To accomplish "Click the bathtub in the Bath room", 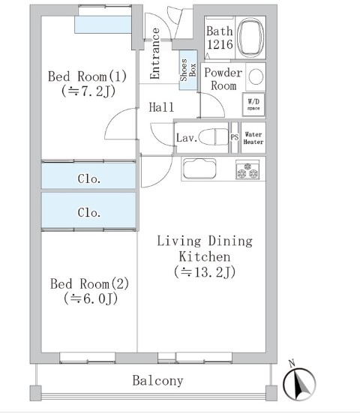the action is tap(250, 37).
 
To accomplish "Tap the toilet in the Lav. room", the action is tap(214, 136).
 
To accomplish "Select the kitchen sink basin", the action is tap(199, 169).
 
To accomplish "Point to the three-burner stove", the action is tap(247, 169).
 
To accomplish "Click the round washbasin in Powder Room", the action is tap(256, 76).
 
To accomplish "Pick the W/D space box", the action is tap(253, 104).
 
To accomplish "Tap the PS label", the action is tap(235, 137).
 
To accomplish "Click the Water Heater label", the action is tap(253, 138).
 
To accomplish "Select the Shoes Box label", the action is tap(187, 70).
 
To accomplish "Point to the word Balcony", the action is tap(157, 381).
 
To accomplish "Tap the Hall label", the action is tap(161, 107).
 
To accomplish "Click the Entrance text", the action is tap(154, 53).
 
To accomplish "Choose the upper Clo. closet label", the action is tap(89, 178).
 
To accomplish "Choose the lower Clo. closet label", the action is tap(89, 212).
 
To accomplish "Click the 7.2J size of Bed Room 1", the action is tap(88, 91).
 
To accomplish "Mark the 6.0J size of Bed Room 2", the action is tap(90, 299).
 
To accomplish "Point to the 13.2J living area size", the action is tap(205, 272).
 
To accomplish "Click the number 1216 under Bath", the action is tap(220, 44).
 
